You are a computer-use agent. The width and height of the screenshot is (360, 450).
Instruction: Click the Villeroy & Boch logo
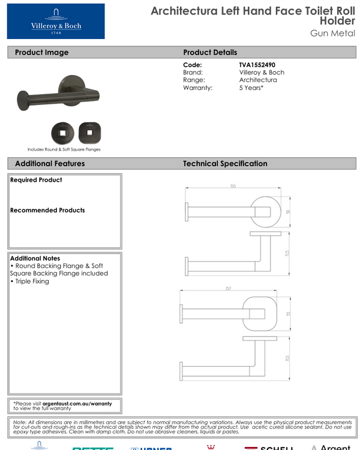tap(56, 21)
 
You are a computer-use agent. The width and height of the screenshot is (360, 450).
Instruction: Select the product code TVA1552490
tap(257, 65)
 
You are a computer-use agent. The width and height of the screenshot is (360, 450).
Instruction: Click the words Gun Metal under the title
tap(332, 33)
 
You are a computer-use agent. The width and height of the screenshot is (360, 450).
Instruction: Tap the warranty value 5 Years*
tap(251, 88)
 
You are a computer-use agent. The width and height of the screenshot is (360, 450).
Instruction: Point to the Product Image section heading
tap(41, 52)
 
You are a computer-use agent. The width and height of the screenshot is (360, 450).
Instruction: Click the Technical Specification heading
tap(225, 163)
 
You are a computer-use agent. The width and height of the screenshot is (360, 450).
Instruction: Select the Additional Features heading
tap(50, 163)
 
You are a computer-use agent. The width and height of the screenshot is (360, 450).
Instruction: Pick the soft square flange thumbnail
tap(88, 131)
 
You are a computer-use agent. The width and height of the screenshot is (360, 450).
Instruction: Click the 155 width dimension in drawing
tap(233, 187)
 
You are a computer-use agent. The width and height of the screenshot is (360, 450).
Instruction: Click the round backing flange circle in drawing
tap(264, 210)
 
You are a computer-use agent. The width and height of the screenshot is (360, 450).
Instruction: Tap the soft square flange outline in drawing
tap(258, 313)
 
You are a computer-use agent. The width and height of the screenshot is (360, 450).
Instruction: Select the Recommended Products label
tap(47, 210)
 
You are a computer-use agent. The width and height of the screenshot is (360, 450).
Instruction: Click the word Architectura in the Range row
tap(258, 80)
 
